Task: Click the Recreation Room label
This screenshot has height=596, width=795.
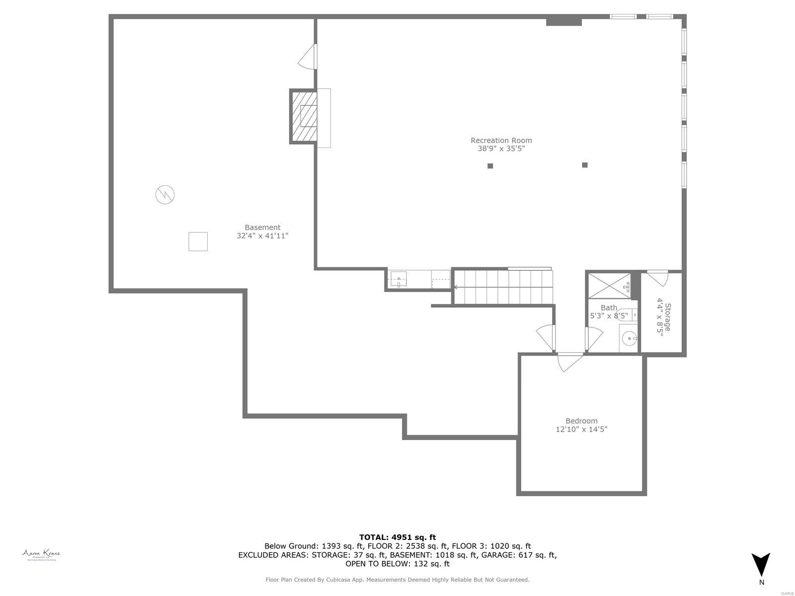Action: [501, 141]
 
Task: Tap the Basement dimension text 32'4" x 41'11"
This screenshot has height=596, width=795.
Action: [262, 236]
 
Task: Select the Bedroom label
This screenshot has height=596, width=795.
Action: [581, 421]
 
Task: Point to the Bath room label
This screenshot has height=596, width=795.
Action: [609, 308]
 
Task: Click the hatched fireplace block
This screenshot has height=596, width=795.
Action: [304, 117]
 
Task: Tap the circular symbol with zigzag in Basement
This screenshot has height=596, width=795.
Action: [165, 194]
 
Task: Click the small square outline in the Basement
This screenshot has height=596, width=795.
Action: [198, 241]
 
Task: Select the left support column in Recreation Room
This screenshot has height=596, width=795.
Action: [490, 166]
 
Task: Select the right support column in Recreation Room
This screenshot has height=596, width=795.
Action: [585, 165]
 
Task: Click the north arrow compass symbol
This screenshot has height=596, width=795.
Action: [761, 565]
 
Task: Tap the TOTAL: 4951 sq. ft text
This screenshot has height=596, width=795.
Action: [397, 537]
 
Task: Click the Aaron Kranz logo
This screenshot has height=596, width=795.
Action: [41, 554]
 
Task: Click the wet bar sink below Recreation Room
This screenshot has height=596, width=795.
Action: [398, 279]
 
